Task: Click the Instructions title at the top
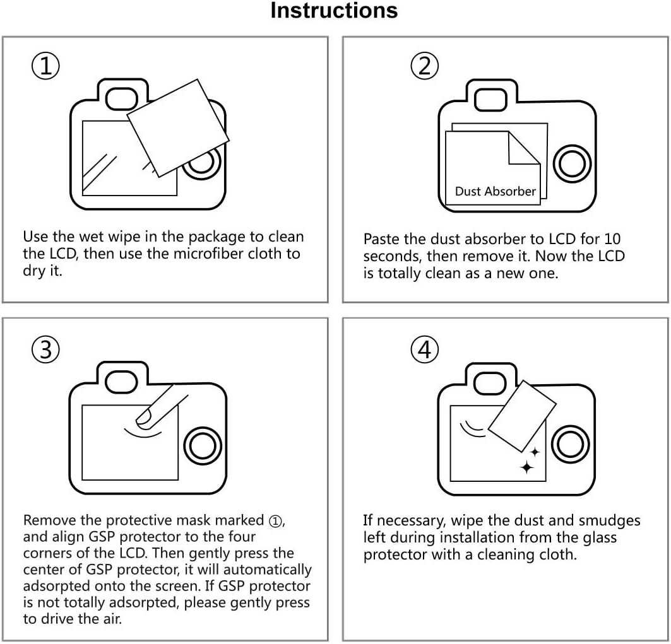click(334, 11)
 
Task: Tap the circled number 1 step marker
click(45, 66)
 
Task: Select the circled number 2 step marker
click(424, 66)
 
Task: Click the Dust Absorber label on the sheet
click(495, 191)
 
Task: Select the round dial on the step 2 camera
click(572, 164)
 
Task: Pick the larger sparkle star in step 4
click(526, 467)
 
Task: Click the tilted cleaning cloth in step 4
click(522, 416)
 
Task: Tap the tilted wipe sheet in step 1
click(178, 129)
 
